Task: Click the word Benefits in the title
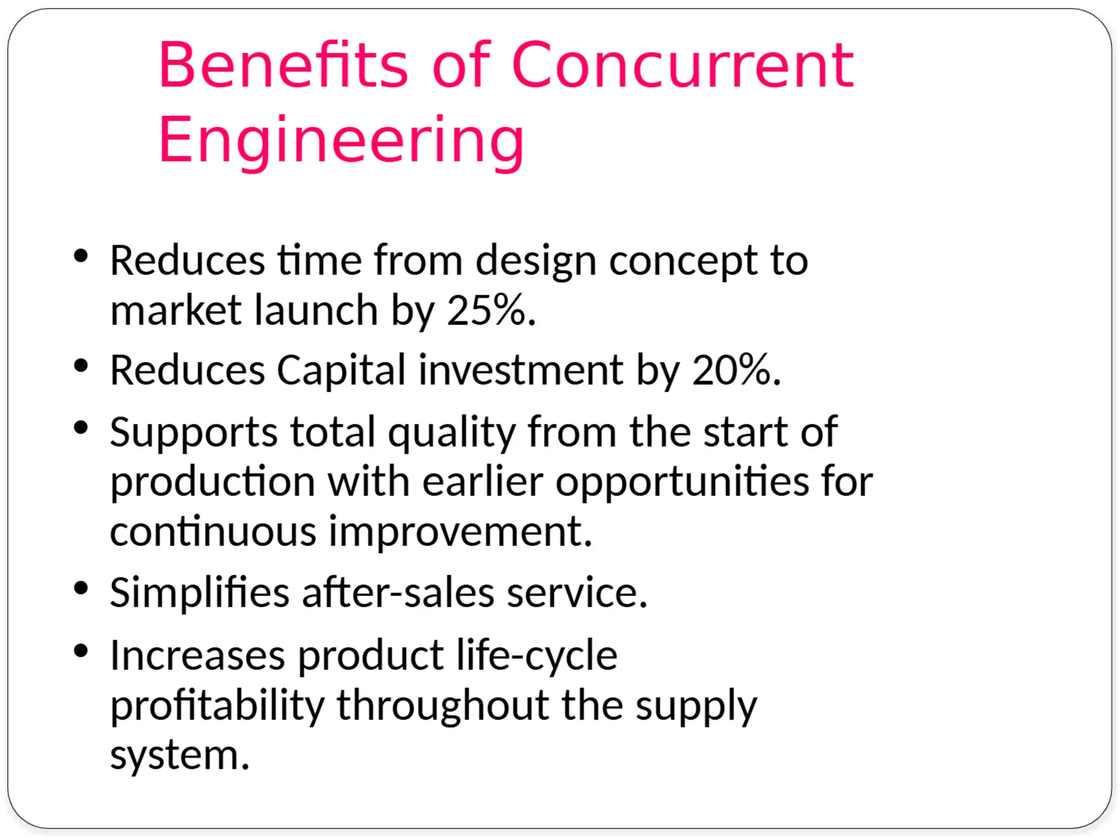[283, 66]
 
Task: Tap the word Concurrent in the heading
[682, 66]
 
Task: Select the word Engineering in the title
[341, 140]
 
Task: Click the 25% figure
[486, 310]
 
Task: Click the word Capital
[341, 370]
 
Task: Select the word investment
[521, 370]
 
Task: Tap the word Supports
[194, 432]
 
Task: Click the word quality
[452, 432]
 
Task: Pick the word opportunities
[682, 482]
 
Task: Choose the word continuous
[213, 532]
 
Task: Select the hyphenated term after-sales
[398, 593]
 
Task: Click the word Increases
[197, 655]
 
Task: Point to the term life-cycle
[536, 655]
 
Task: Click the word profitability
[217, 705]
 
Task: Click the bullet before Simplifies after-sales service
[81, 588]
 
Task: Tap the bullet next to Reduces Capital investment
[81, 366]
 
